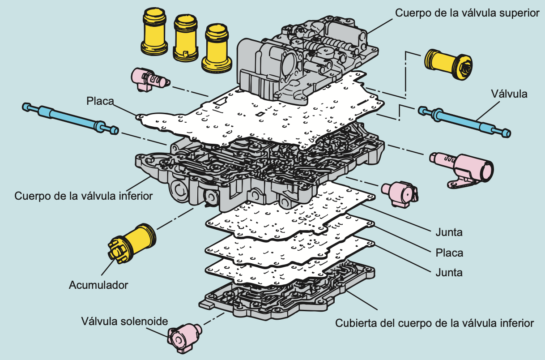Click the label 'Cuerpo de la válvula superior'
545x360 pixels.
coord(467,13)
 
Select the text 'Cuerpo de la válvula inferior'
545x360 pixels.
coord(84,196)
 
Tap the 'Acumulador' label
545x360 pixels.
coord(98,285)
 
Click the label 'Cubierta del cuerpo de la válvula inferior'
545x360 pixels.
coord(434,323)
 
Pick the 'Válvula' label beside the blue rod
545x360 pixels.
coord(509,94)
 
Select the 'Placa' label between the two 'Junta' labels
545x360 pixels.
coord(449,253)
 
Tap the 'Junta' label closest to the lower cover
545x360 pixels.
coord(449,272)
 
